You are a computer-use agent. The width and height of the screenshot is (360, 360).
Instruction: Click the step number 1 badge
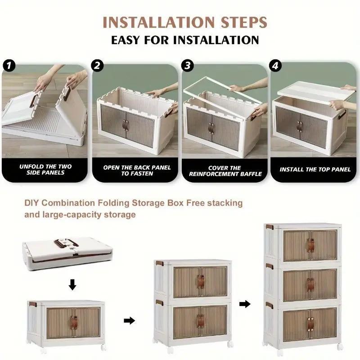pos(9,65)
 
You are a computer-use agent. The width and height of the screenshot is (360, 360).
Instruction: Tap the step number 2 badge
pos(97,65)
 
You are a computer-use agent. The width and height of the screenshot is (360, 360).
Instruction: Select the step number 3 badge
pos(187,65)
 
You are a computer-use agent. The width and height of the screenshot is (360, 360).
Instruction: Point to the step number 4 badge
pos(275,65)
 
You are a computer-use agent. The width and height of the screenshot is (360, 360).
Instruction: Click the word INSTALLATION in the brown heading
pos(158,22)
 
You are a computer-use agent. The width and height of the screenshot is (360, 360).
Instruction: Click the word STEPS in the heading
pos(244,22)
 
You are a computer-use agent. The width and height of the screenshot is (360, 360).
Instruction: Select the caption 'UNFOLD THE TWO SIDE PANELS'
pos(45,170)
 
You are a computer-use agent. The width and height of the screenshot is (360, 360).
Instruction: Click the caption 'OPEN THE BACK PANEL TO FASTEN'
pos(137,171)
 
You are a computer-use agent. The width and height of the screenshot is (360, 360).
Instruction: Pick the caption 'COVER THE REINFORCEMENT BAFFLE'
pos(225,171)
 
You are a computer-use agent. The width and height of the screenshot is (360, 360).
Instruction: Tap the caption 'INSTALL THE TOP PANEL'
pos(315,170)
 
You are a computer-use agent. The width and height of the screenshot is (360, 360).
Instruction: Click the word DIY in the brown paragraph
pos(31,203)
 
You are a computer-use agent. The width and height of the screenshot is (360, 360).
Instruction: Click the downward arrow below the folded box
pos(72,285)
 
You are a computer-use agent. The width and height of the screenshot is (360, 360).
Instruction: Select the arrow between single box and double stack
pos(129,320)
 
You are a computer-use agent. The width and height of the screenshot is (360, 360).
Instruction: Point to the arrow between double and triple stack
pos(245,304)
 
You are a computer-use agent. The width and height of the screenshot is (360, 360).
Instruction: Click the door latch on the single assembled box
pos(74,323)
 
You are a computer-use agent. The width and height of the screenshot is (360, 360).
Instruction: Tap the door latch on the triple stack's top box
pos(310,246)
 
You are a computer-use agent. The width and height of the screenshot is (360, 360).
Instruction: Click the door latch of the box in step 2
pos(126,126)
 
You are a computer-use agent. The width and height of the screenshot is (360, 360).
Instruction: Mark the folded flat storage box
pos(67,253)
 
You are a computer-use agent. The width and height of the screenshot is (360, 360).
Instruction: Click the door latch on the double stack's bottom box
pos(201,321)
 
